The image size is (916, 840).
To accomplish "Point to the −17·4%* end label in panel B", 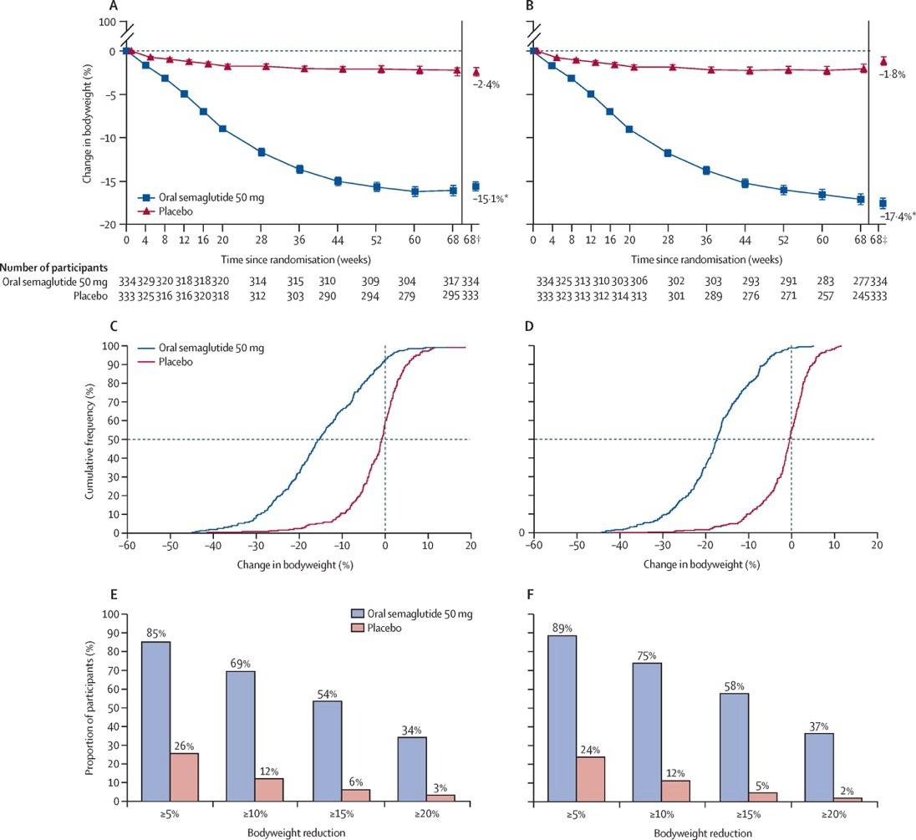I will click(898, 216).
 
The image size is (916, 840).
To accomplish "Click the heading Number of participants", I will click(53, 268).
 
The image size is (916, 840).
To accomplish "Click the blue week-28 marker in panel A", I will click(262, 152).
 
